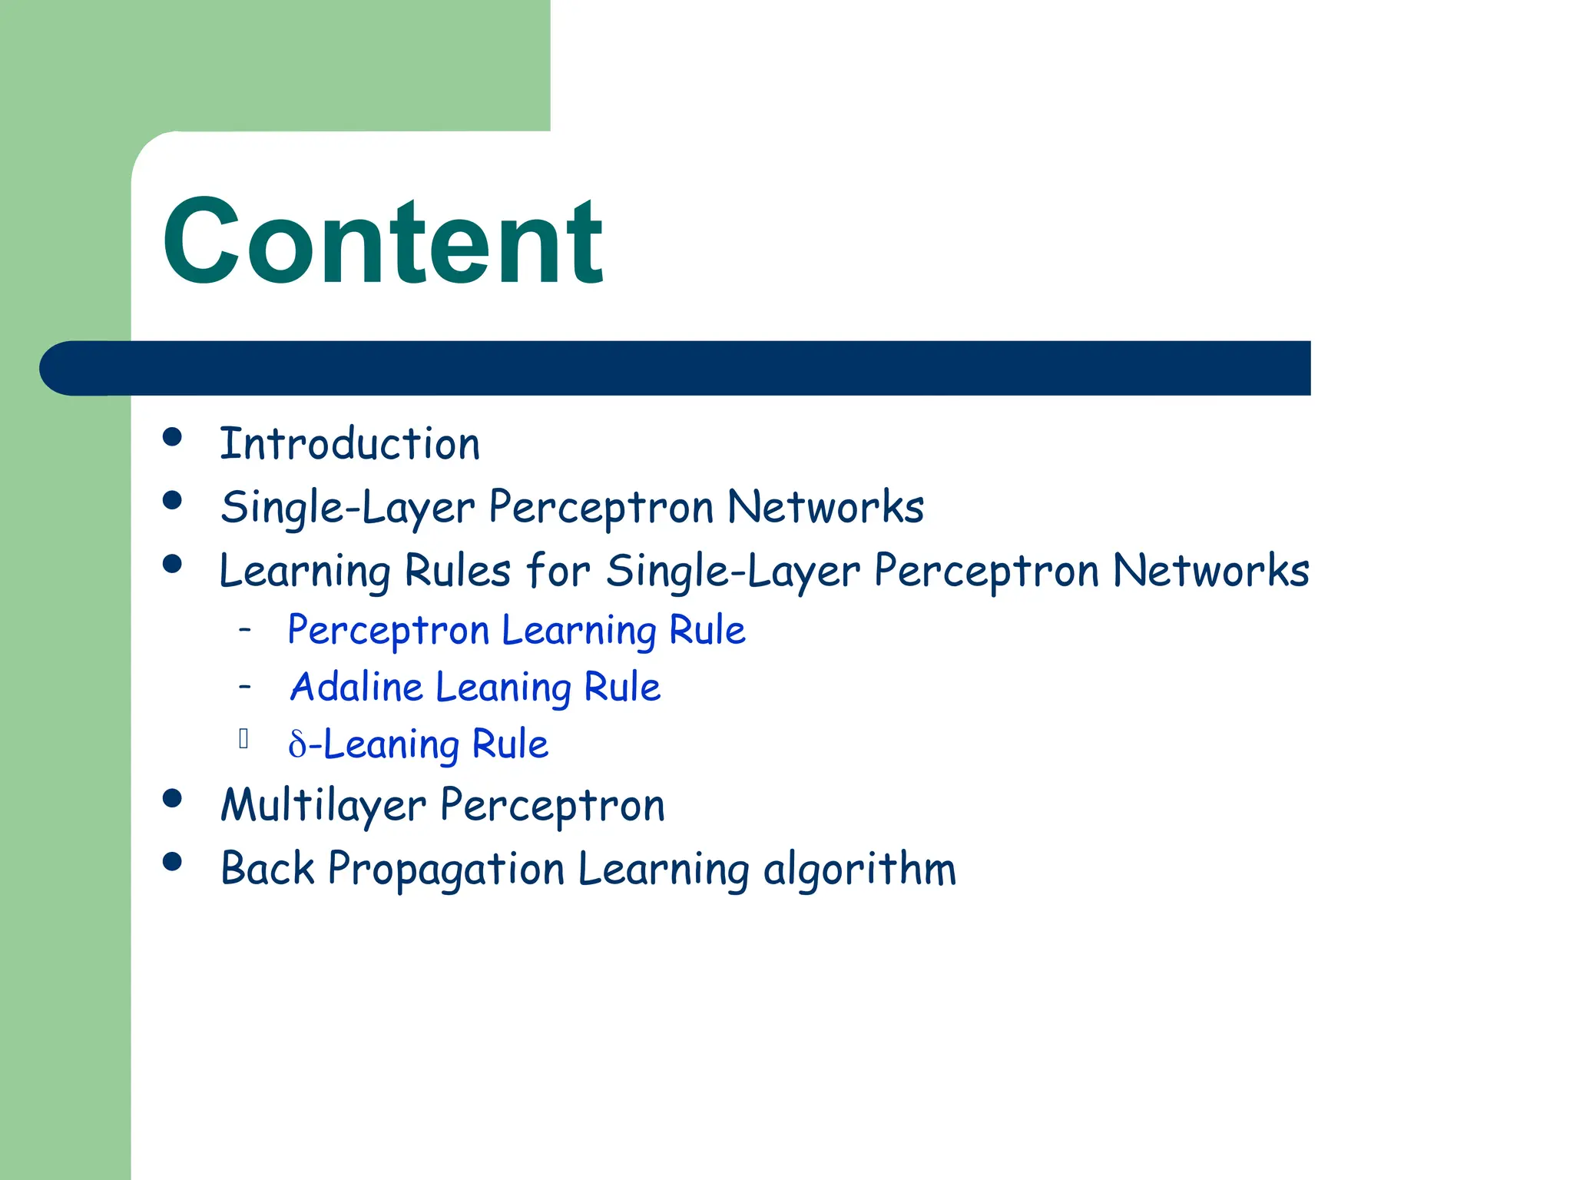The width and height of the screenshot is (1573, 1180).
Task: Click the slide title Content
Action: tap(382, 241)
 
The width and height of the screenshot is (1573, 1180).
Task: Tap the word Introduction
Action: tap(349, 444)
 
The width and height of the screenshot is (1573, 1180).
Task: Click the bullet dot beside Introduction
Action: tap(172, 437)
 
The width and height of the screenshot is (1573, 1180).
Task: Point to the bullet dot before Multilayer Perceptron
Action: tap(172, 798)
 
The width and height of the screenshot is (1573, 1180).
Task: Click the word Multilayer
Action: tap(323, 806)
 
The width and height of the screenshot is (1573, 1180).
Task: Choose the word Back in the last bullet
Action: tap(267, 869)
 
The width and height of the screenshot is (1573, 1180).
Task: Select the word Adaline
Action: tap(356, 687)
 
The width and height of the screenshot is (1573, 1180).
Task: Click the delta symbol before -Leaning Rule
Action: tap(297, 744)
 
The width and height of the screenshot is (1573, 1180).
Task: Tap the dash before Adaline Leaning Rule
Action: tap(245, 686)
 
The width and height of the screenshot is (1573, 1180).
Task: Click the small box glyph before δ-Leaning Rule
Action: tap(243, 739)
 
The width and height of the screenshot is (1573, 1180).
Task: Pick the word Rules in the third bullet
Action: tap(458, 571)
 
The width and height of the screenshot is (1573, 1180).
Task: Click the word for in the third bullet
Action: tap(558, 571)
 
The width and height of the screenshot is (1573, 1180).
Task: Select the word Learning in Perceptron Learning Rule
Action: tap(578, 631)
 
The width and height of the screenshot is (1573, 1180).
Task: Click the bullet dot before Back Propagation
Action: tap(172, 861)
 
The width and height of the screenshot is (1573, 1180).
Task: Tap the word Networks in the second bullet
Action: tap(826, 507)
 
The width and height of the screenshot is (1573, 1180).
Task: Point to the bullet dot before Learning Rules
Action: tap(172, 564)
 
